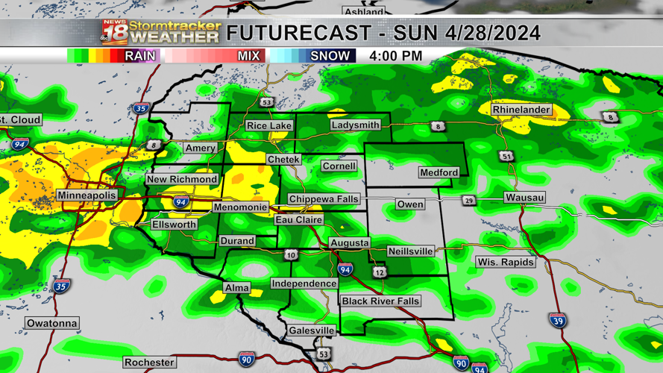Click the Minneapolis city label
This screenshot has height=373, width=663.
(x=87, y=195)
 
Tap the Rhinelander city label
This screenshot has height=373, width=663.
(x=521, y=110)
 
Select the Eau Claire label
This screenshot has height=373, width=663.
(x=299, y=220)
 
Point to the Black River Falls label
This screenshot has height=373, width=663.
(x=380, y=301)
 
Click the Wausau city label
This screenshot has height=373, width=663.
(x=524, y=198)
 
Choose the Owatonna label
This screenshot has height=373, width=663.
(x=51, y=323)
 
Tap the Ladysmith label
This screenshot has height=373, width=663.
(x=355, y=125)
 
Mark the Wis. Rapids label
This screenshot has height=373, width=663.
(x=505, y=262)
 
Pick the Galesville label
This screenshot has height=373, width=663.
(x=312, y=330)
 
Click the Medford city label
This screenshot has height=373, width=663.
(x=439, y=172)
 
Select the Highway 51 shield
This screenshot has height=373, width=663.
(x=507, y=157)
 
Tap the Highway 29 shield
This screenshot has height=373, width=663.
(x=468, y=201)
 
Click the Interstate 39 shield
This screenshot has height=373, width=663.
(x=556, y=321)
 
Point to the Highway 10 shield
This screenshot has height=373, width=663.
(x=291, y=255)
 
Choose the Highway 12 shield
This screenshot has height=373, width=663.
(x=380, y=273)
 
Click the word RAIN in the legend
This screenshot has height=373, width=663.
(x=140, y=56)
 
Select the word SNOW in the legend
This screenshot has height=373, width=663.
(x=330, y=56)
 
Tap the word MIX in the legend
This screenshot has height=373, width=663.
(x=248, y=56)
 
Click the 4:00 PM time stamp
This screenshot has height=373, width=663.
(x=395, y=56)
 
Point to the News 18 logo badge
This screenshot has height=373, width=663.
(x=114, y=32)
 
